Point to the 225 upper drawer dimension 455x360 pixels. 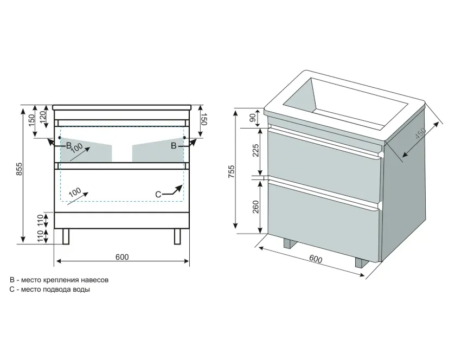click(255, 150)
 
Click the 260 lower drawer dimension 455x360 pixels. click(255, 207)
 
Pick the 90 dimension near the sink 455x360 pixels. click(253, 118)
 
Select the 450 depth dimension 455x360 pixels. click(420, 133)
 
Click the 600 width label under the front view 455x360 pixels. click(122, 257)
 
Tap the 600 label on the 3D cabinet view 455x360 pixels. click(316, 259)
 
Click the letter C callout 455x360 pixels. click(158, 194)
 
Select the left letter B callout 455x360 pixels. click(69, 145)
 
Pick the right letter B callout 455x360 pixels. click(174, 146)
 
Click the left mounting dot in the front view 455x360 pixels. click(60, 138)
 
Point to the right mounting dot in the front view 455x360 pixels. click(184, 138)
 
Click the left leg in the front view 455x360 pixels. click(66, 236)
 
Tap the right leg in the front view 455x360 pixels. click(177, 236)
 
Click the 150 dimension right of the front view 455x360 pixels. click(204, 119)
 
